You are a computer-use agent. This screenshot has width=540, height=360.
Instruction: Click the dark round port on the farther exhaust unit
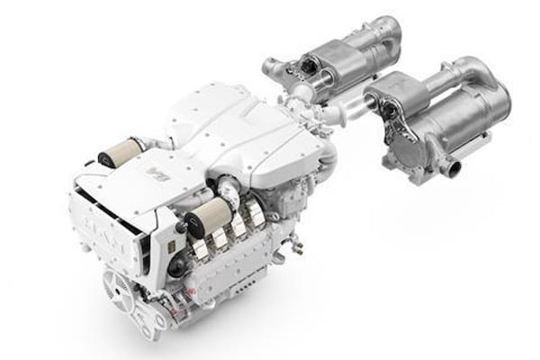coord(311,64)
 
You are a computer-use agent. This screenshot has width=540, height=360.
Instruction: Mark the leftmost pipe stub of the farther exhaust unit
coord(267,65)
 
